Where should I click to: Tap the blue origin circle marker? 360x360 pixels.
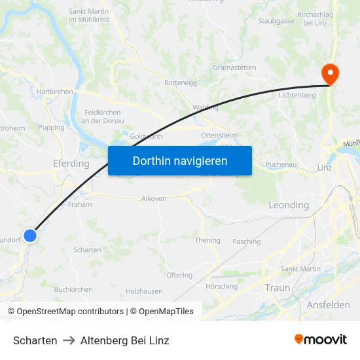30,236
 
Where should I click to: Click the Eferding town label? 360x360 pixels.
71,164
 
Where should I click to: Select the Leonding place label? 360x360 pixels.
289,205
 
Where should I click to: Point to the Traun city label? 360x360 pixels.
277,288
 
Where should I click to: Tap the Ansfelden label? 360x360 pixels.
327,305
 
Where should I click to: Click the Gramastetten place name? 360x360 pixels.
234,67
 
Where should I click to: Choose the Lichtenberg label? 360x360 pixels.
297,95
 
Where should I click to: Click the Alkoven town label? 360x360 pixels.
154,198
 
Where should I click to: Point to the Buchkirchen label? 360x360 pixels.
73,289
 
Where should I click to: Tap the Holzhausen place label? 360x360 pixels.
144,291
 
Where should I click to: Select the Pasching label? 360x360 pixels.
246,242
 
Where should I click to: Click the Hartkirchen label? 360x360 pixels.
55,92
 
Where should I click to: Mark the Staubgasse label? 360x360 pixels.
276,21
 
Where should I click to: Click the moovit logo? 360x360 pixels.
320,339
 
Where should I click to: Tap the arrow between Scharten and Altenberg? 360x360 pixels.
69,340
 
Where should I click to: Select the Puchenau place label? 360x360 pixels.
281,165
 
